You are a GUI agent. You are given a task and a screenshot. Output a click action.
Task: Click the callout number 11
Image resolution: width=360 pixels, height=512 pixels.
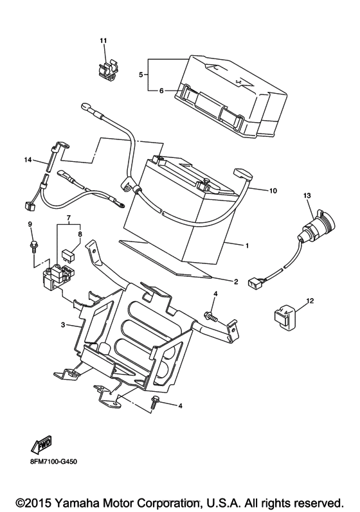click(x=104, y=41)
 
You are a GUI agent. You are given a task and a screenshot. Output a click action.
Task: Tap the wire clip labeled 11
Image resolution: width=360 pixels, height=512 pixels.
click(x=108, y=70)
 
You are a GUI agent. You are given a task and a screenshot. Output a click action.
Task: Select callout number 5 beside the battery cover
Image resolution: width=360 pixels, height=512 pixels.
click(x=141, y=75)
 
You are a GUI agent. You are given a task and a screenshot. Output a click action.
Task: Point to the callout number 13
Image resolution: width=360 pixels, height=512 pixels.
click(x=307, y=195)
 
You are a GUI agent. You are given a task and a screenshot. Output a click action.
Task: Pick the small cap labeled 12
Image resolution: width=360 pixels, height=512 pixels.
click(x=284, y=316)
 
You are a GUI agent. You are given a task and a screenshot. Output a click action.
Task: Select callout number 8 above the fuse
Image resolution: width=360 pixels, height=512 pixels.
click(x=80, y=234)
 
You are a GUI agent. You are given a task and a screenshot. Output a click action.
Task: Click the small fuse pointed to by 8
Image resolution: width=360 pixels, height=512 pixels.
click(x=67, y=254)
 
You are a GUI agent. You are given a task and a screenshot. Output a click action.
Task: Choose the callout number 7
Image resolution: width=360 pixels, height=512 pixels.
click(x=69, y=217)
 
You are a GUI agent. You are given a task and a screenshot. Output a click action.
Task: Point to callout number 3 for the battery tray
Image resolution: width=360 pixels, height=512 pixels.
click(x=63, y=325)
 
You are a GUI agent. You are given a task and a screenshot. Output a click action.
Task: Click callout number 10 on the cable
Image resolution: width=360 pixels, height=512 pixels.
click(x=273, y=190)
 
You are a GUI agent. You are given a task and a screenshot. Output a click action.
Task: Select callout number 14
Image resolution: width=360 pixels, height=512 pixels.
click(x=28, y=160)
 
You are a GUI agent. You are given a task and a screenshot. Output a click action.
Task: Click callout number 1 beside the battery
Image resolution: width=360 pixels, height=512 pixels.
click(x=248, y=245)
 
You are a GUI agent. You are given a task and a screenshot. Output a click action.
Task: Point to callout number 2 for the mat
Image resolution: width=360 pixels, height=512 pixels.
click(x=236, y=281)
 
